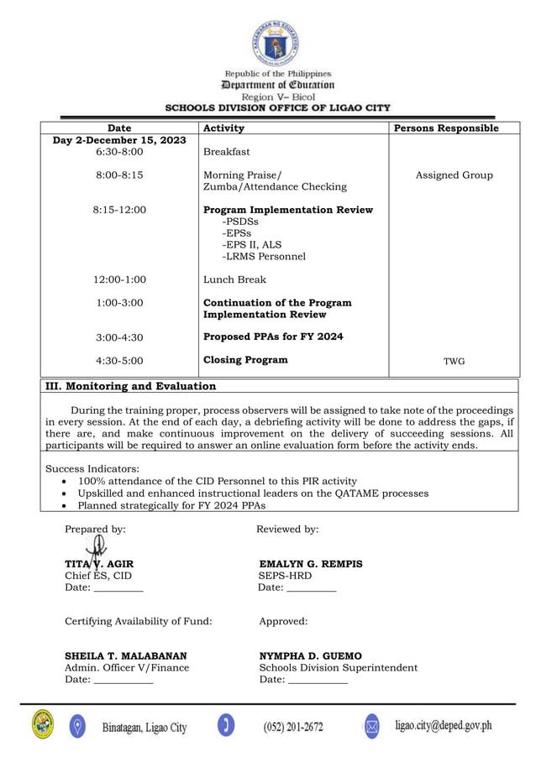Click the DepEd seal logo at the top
[x=276, y=43]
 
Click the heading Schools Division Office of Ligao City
[x=277, y=108]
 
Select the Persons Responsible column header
[x=446, y=128]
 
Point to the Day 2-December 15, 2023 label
[x=119, y=140]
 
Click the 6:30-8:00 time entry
[x=119, y=152]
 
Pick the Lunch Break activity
[x=234, y=279]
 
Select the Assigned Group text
[x=454, y=175]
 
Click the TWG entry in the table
[x=454, y=362]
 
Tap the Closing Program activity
[x=245, y=360]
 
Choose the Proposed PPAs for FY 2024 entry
[x=273, y=337]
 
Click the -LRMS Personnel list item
[x=263, y=257]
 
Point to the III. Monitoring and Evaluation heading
[x=130, y=386]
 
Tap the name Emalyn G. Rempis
[x=311, y=564]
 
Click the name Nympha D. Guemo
[x=310, y=655]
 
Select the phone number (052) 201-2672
[x=292, y=726]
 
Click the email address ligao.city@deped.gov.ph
[x=443, y=725]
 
